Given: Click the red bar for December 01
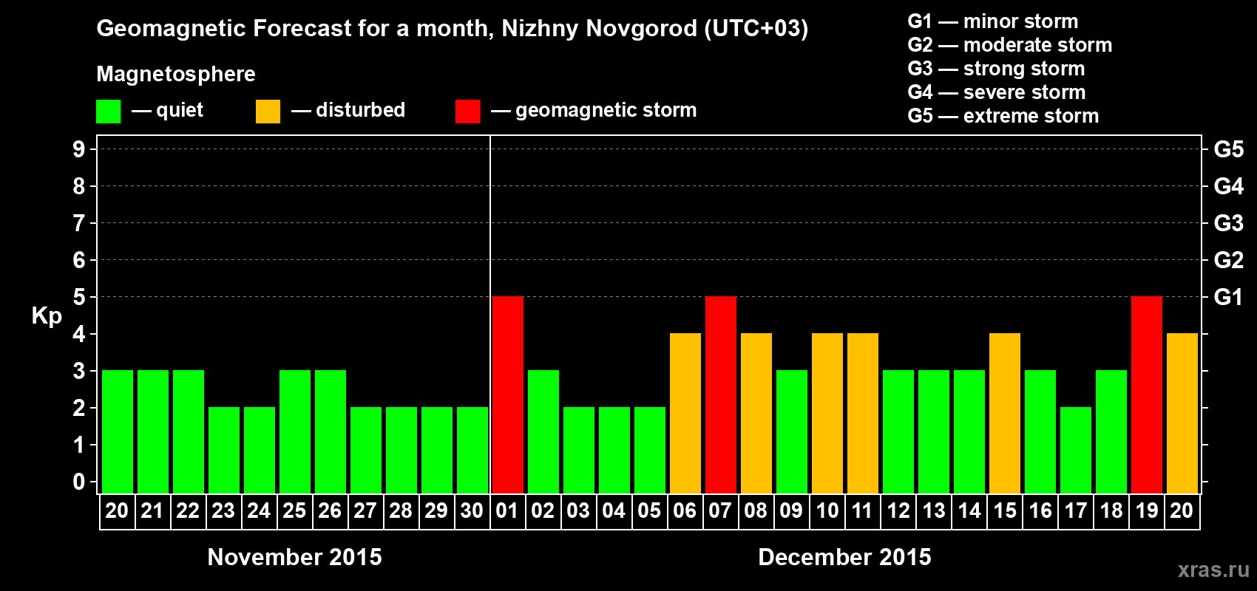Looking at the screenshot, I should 508,394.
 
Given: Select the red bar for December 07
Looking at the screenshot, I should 721,394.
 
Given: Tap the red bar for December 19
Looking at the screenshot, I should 1147,394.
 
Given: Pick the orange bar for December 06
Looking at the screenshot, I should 685,413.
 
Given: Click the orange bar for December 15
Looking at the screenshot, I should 1005,413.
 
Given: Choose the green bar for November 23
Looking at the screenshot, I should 224,450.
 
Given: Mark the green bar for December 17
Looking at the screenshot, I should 1076,450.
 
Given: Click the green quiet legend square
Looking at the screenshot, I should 109,112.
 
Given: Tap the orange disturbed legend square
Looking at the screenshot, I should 268,112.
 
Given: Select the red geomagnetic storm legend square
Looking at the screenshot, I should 468,112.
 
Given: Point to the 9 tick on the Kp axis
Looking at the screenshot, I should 79,149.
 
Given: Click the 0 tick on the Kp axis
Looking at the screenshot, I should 79,482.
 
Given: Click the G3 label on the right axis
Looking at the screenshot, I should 1228,223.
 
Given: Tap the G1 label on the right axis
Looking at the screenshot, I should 1228,297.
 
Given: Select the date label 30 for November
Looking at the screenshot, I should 472,510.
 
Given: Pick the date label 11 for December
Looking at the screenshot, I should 862,510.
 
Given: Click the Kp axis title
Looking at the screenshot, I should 47,316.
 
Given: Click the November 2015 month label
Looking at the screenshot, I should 294,557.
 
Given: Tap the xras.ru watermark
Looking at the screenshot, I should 1213,570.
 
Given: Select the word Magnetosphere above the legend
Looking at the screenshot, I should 176,74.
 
